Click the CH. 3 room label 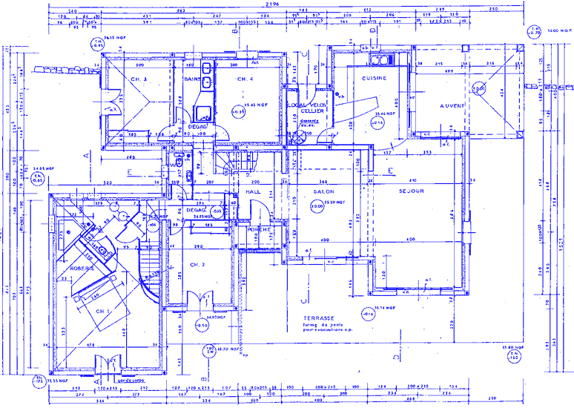[139, 79]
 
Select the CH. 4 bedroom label [245, 79]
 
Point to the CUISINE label [371, 78]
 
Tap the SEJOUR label [410, 191]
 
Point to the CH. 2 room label [197, 264]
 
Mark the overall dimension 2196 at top [260, 5]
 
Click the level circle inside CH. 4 [240, 111]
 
